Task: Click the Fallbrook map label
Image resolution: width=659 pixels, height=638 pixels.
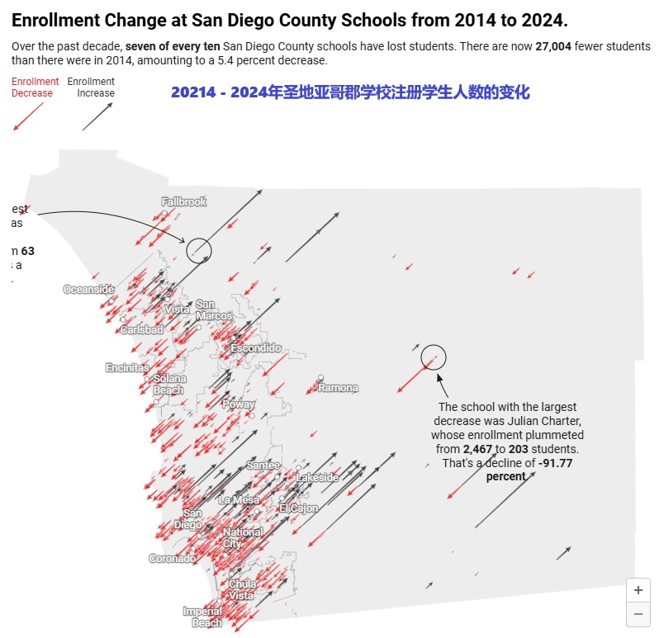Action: click(x=183, y=202)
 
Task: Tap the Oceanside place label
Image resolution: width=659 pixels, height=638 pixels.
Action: click(x=88, y=290)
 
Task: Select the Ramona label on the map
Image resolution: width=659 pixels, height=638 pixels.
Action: click(x=339, y=388)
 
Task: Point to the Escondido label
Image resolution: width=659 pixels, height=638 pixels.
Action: click(x=256, y=348)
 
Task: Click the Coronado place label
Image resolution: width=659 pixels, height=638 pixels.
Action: click(x=173, y=559)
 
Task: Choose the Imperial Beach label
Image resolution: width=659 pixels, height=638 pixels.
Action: click(x=202, y=617)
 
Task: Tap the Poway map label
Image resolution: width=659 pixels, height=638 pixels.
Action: click(x=238, y=404)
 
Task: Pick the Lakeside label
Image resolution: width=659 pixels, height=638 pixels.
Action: click(x=318, y=478)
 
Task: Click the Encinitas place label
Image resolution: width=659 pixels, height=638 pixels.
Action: click(x=127, y=367)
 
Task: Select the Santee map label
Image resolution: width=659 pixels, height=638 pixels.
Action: click(x=263, y=466)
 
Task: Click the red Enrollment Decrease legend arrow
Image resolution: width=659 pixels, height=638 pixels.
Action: click(x=28, y=117)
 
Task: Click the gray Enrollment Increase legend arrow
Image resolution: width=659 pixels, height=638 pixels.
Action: click(x=98, y=117)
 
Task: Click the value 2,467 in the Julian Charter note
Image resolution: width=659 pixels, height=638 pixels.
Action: click(x=478, y=448)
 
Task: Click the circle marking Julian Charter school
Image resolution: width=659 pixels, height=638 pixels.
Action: click(x=434, y=357)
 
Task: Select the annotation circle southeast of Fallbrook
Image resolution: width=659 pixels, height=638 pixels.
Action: click(x=199, y=249)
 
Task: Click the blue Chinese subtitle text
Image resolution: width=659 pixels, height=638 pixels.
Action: click(x=350, y=92)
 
